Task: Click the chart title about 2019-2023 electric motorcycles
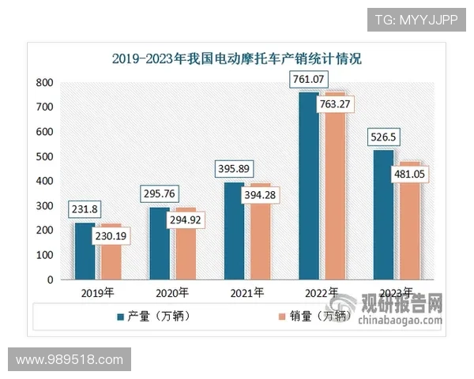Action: [236, 58]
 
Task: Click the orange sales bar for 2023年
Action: [409, 229]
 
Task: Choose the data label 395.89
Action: [235, 171]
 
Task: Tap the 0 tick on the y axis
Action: [51, 280]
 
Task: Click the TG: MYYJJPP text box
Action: [415, 19]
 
